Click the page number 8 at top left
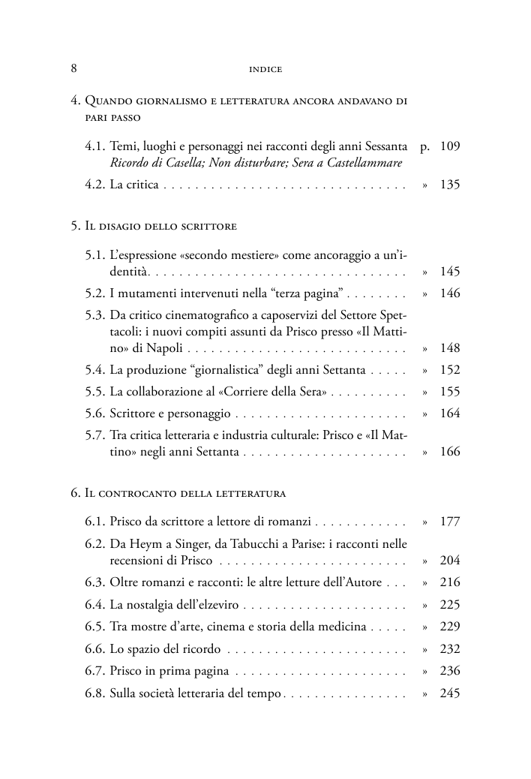pos(74,69)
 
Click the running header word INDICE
pos(265,70)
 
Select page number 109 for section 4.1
pos(449,146)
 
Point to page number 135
pos(449,185)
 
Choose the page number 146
pos(449,293)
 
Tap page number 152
pos(449,370)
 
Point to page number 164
pos(449,414)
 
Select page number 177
pos(449,522)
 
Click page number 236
pos(449,671)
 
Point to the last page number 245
pos(449,693)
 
